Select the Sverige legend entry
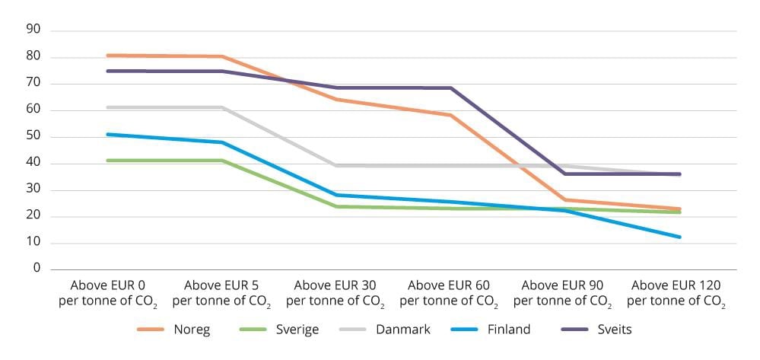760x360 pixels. click(297, 330)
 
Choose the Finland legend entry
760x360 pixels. click(508, 330)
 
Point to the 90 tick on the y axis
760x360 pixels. click(33, 30)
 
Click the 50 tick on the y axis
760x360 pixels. click(33, 137)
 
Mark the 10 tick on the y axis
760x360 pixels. click(33, 243)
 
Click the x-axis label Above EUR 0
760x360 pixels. click(108, 292)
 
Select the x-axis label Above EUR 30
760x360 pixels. click(335, 292)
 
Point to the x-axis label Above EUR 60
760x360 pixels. click(449, 292)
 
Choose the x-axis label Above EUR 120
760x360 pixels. click(676, 292)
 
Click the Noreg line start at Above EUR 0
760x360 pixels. click(108, 56)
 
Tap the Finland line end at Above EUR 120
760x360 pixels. click(679, 237)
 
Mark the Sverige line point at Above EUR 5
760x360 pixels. click(222, 161)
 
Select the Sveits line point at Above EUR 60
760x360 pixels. click(450, 88)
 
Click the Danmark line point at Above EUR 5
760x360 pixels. click(222, 107)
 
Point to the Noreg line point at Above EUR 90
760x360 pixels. click(564, 200)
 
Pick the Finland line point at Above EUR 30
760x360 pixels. click(336, 195)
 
